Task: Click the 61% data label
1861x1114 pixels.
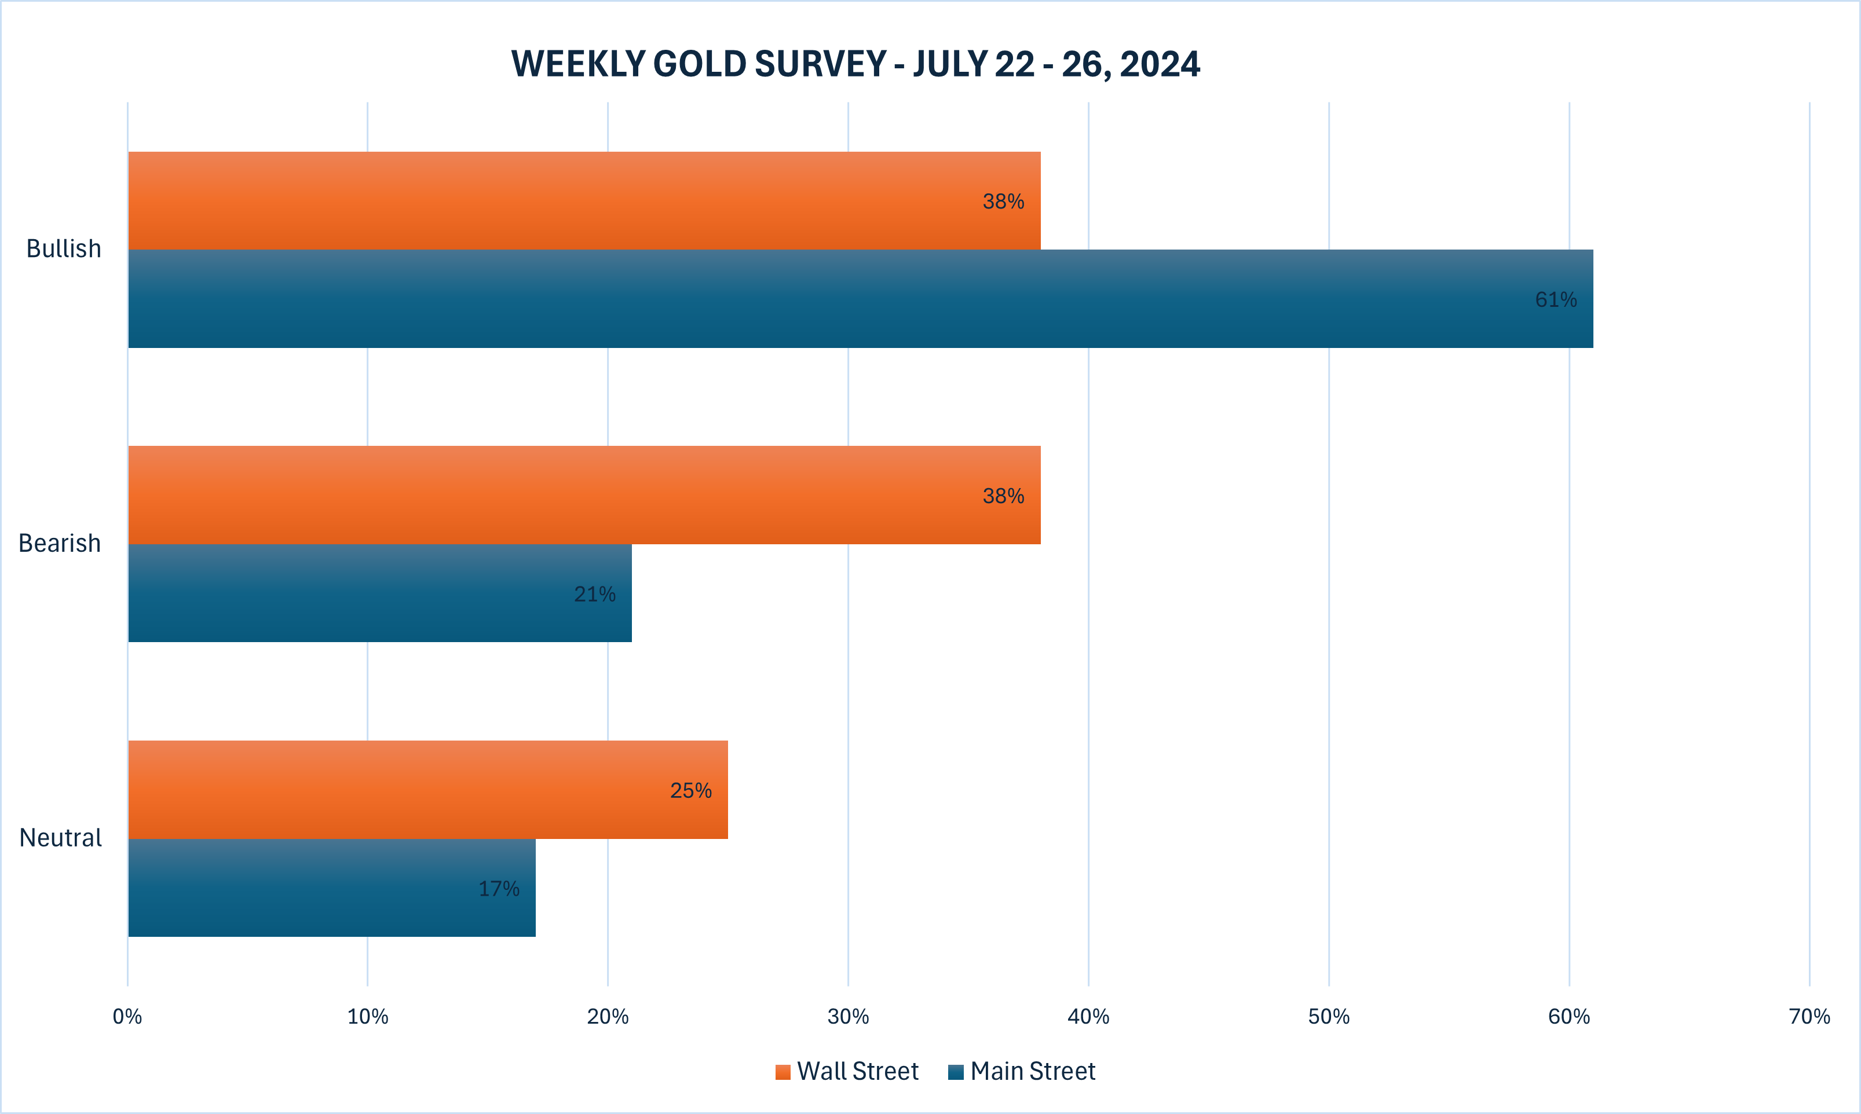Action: click(x=1555, y=299)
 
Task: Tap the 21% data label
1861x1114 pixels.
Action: click(x=595, y=595)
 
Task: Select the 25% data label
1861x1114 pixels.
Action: click(x=690, y=790)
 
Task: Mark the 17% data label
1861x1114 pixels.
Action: click(x=499, y=889)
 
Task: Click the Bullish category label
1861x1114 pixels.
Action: click(x=64, y=248)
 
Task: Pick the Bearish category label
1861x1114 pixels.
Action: click(x=59, y=543)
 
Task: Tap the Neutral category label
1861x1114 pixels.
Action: click(x=60, y=838)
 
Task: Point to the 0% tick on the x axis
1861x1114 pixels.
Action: click(x=127, y=1016)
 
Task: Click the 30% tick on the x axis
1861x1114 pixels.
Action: click(x=849, y=1016)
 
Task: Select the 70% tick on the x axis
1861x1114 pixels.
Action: click(x=1809, y=1016)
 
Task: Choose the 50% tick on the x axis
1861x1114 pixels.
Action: click(x=1329, y=1016)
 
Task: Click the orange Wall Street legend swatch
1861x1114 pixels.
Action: click(x=783, y=1072)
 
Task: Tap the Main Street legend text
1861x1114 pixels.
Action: click(x=1032, y=1071)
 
